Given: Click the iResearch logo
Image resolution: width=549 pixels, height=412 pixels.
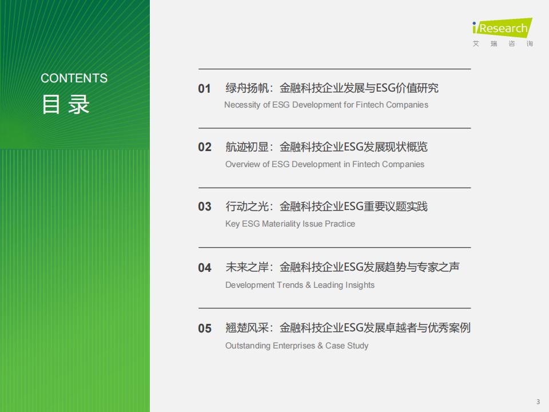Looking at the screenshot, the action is pos(502,27).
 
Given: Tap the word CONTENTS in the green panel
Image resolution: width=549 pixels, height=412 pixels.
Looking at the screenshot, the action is pos(74,78).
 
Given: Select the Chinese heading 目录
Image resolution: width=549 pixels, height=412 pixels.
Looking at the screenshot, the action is pos(65,104).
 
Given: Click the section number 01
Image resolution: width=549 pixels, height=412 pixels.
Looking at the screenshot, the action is pos(205,89).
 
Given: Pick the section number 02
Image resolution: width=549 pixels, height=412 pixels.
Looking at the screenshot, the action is pos(205,147).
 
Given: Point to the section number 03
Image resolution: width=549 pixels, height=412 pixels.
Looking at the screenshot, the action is pos(205,207).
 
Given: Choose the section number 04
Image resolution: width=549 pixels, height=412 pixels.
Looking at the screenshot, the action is pos(205,268).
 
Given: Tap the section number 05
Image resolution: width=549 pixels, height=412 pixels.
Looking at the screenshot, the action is pos(205,328).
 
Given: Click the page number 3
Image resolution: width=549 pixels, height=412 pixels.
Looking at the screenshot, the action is pos(538,402).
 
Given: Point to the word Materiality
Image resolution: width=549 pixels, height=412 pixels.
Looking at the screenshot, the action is pos(281,224).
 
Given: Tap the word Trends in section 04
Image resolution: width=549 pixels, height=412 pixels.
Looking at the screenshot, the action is pos(291,285).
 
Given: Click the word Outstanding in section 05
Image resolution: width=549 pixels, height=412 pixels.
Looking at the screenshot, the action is pos(248,346).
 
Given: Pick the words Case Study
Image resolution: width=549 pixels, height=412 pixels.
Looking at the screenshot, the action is pos(347,346).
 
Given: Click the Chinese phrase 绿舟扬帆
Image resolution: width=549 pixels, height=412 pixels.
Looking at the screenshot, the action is pos(247,88).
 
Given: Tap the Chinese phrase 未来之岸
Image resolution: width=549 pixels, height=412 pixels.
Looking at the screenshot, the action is pos(247,267).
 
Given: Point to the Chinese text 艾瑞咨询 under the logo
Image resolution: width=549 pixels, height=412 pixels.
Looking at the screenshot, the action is pos(503,44).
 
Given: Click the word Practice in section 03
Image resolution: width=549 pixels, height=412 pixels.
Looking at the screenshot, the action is pos(340,224).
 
